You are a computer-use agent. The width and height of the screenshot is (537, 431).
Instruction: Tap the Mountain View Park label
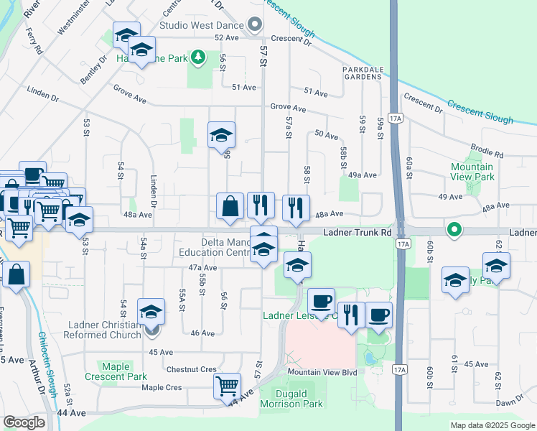pos(472,172)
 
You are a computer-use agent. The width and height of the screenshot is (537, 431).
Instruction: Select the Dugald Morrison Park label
pos(301,399)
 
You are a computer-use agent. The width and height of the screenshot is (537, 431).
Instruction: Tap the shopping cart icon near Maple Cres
pos(228,386)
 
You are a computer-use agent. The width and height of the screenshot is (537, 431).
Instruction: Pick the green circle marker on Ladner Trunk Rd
pos(453,231)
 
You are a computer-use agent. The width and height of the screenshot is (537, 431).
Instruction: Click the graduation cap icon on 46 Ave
pos(151,312)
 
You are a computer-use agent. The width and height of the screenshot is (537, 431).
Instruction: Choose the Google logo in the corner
pos(24,422)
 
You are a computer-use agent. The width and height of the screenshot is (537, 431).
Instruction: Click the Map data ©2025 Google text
pos(492,425)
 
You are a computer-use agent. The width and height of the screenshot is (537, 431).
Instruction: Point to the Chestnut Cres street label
pos(191,369)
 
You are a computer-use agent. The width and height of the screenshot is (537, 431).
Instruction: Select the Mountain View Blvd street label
pos(323,373)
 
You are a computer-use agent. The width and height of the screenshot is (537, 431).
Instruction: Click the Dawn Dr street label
pos(509,403)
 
